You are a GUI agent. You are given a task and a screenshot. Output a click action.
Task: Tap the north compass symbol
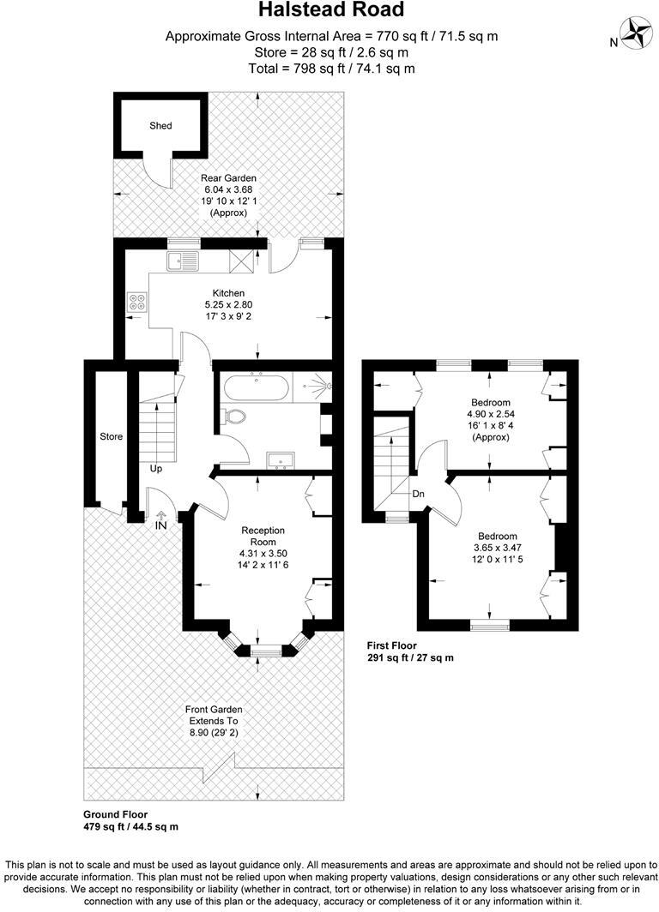[637, 33]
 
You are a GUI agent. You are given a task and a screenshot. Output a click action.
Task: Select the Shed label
[160, 125]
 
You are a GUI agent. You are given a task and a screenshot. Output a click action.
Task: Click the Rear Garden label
[224, 177]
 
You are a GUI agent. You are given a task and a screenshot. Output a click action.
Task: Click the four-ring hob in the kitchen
[137, 302]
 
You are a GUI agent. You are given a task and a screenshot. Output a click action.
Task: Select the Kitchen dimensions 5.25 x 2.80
[228, 304]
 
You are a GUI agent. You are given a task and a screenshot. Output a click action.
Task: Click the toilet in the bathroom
[233, 417]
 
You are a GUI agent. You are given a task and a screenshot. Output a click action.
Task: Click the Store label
[112, 436]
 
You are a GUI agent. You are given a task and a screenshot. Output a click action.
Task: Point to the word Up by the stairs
[156, 469]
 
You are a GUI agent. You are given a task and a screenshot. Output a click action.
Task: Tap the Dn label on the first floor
[419, 494]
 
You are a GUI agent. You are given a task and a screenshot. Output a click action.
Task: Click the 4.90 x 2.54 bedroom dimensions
[490, 414]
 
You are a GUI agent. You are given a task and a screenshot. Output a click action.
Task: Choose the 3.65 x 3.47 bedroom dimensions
[490, 546]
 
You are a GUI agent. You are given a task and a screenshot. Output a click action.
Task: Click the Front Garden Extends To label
[215, 715]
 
